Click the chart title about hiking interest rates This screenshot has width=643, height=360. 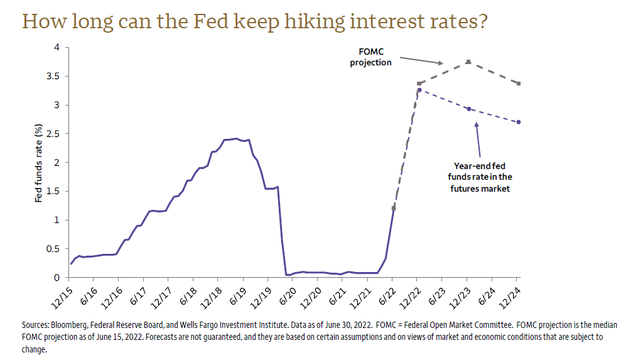click(255, 21)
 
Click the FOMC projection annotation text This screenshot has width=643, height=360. click(370, 57)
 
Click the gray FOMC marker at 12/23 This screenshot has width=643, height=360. click(468, 62)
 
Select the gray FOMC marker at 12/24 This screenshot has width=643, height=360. click(518, 84)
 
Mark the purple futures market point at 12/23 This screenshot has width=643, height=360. click(468, 109)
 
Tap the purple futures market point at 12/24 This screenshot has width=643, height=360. click(518, 122)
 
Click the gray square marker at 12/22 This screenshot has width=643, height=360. click(419, 84)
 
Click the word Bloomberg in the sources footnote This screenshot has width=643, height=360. click(71, 325)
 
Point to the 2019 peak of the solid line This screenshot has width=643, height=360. click(235, 138)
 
